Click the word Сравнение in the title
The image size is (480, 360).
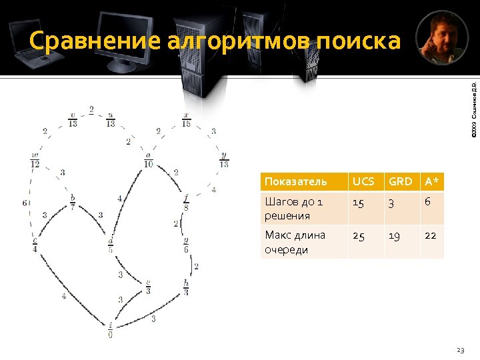[x=95, y=41]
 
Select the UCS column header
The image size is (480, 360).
[x=364, y=181]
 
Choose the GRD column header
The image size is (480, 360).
[x=401, y=181]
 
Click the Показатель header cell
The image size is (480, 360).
[x=296, y=181]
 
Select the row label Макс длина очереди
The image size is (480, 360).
[x=295, y=242]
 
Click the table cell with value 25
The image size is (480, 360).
[x=360, y=235]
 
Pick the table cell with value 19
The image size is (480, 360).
[x=397, y=235]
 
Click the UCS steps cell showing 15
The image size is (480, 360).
[x=359, y=203]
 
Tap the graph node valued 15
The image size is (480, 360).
[x=186, y=120]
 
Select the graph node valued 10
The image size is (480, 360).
[x=148, y=160]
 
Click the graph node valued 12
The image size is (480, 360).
[x=35, y=160]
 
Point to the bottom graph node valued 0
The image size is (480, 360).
[x=111, y=331]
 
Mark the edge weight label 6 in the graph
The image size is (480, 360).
[x=24, y=203]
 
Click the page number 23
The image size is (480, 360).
[x=459, y=349]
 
